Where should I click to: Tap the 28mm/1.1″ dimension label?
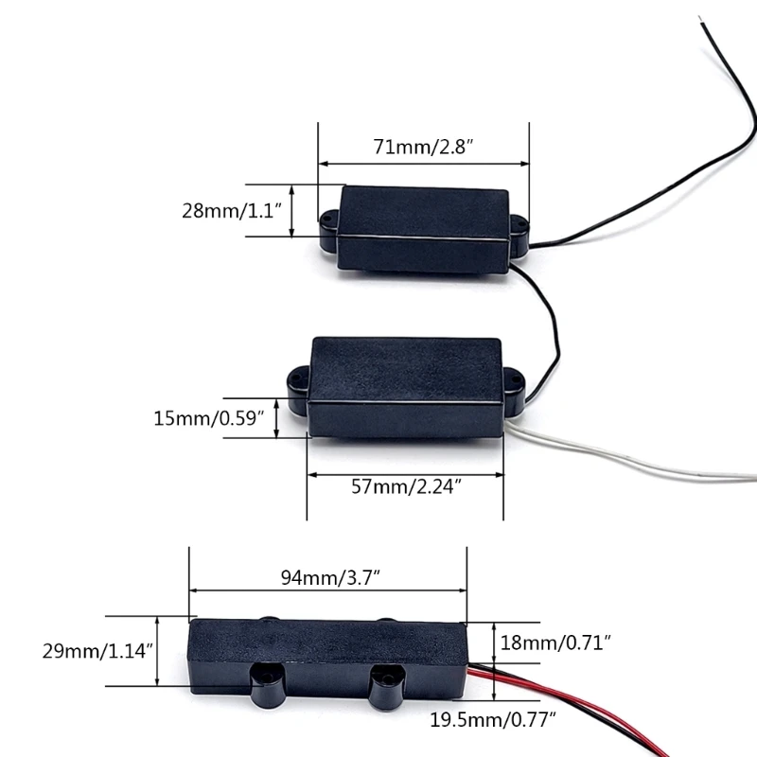(x=233, y=210)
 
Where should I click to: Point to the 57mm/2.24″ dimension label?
(x=404, y=487)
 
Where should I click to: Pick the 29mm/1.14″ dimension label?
(x=98, y=651)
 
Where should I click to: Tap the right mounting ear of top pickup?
(x=519, y=228)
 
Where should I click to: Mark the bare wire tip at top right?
(x=700, y=21)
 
